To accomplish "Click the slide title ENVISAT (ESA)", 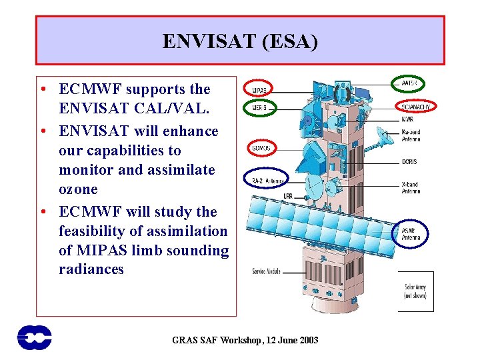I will [x=240, y=41].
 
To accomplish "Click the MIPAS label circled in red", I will [x=259, y=90].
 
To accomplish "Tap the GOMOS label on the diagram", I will [x=260, y=147].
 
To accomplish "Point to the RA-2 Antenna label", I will [x=267, y=181].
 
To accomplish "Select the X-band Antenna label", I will [x=411, y=187].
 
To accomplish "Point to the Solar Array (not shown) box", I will [x=416, y=291].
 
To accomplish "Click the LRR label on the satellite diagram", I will [x=287, y=196].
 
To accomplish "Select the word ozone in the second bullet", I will [x=78, y=189].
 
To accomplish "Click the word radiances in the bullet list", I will [x=91, y=269].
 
